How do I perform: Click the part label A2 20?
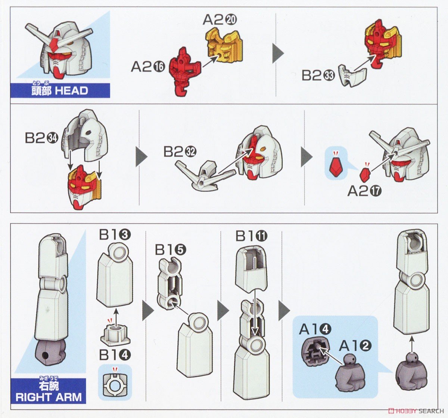coord(220,20)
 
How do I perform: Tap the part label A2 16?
coord(147,67)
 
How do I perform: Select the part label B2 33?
coord(318,76)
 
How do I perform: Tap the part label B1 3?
coord(115,235)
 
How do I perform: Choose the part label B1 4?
coord(115,354)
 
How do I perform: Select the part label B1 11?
coord(252,236)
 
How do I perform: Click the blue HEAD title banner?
coord(60,90)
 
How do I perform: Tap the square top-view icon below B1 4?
coord(115,381)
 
